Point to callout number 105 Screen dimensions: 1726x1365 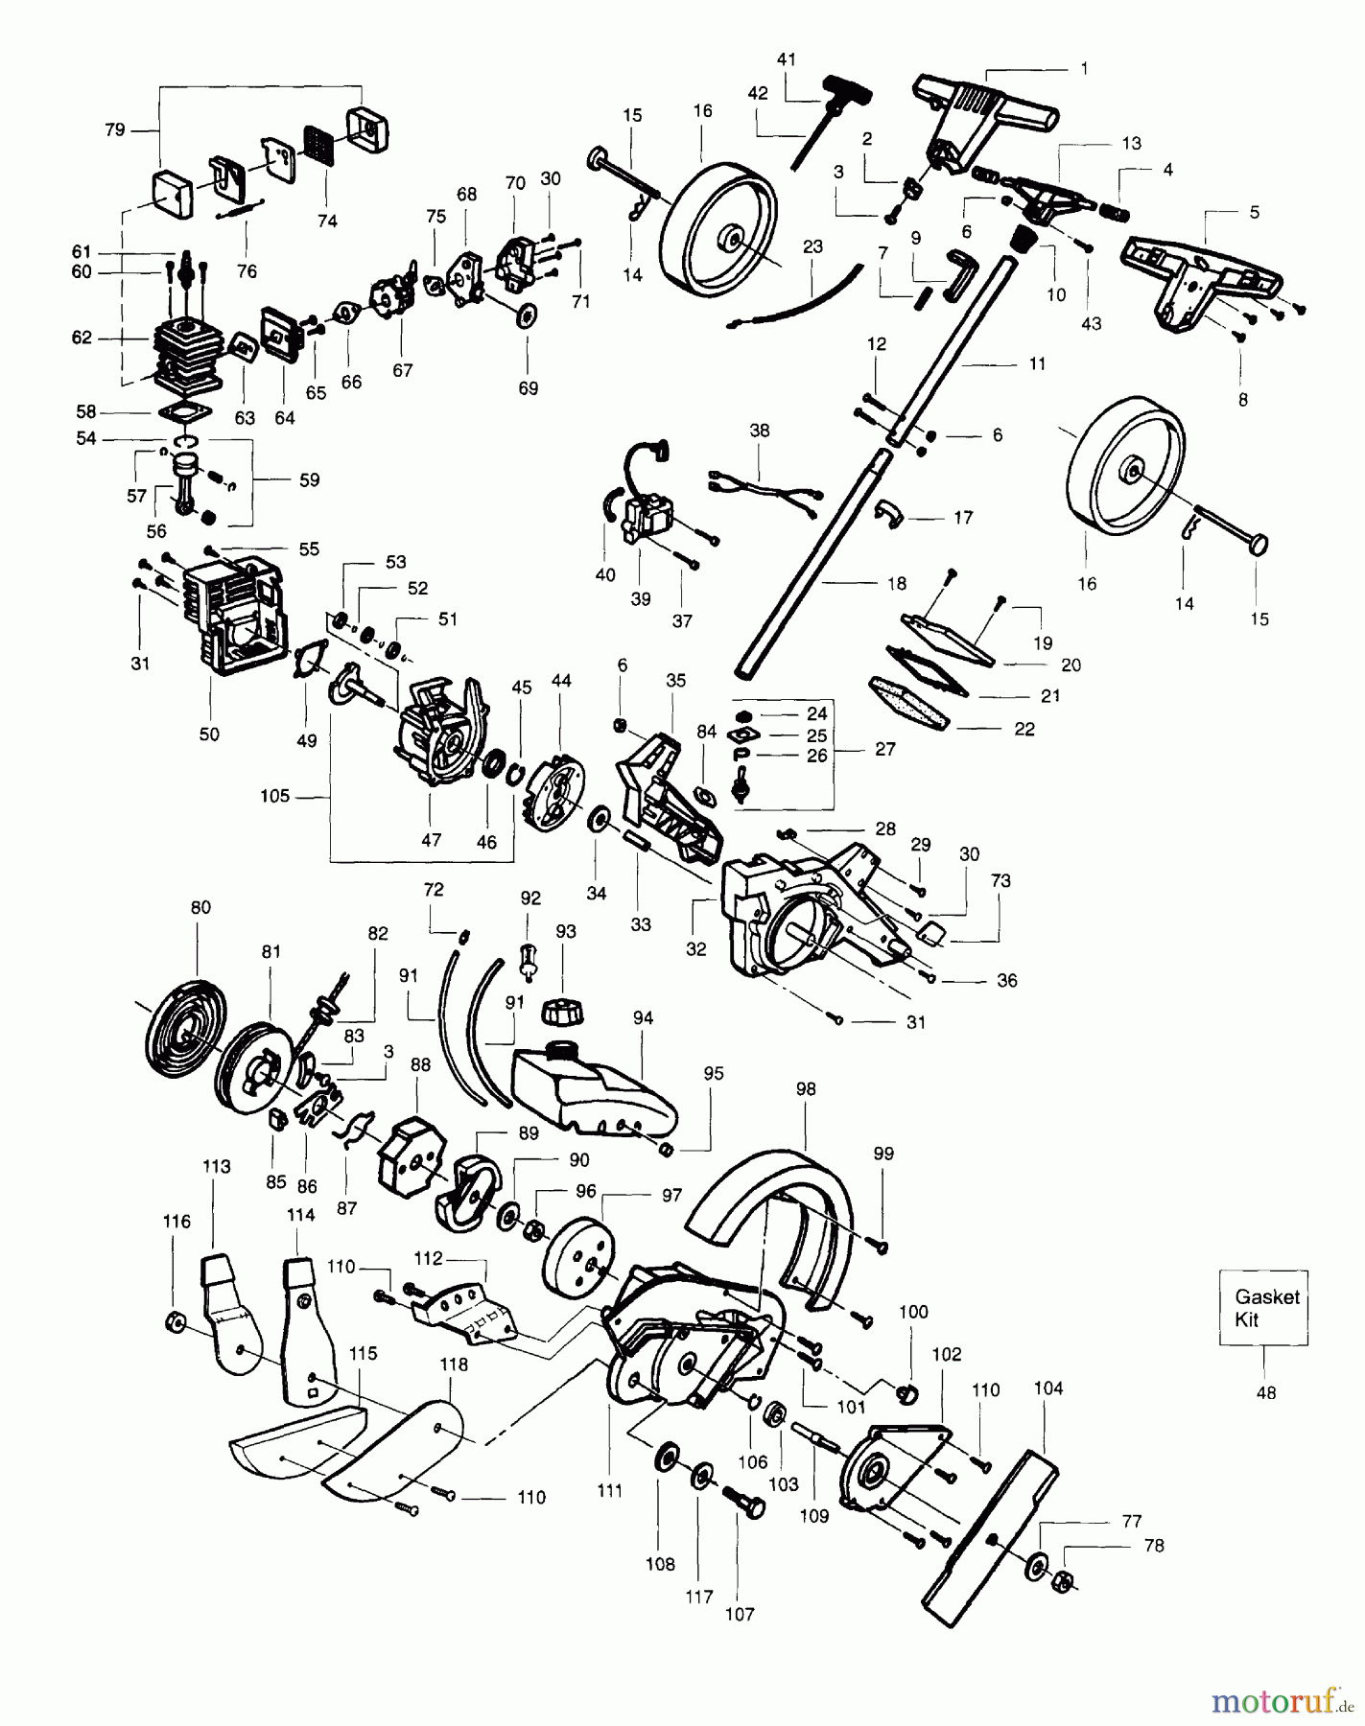point(274,797)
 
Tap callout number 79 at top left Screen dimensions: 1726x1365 point(114,129)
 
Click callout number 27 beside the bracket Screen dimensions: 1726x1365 point(884,748)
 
